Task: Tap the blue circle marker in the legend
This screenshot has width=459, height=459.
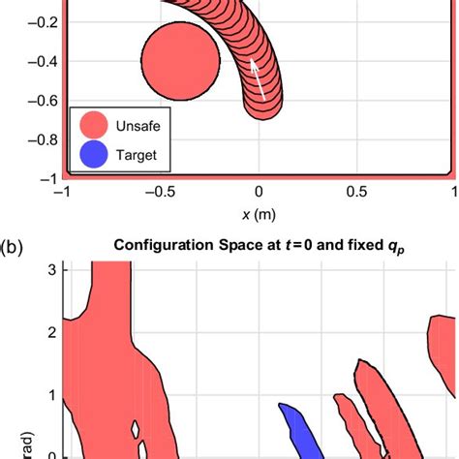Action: [x=95, y=154]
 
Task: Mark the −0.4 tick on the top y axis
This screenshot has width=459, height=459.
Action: [x=39, y=60]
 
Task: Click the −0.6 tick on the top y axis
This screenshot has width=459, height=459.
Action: [x=39, y=100]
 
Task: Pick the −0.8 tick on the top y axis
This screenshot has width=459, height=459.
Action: [x=39, y=139]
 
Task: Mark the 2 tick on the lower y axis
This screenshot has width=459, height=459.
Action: [x=54, y=331]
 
